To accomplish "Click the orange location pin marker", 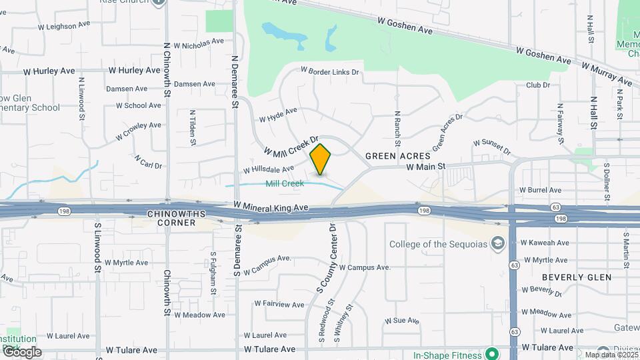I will (x=321, y=159).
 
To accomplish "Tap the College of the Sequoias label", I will (x=437, y=243).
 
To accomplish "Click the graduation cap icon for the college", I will (x=497, y=243).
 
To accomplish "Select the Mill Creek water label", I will (x=285, y=183).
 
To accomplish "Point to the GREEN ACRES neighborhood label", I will (x=393, y=156).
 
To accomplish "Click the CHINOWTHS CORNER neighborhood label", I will (x=171, y=218).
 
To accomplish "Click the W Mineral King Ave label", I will (x=271, y=208).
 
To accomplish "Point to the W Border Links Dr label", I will (x=330, y=71).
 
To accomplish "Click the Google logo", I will (x=21, y=352).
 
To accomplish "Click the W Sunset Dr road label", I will (x=492, y=147).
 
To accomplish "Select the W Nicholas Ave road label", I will (x=199, y=43).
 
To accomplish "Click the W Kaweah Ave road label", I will (x=545, y=242).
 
